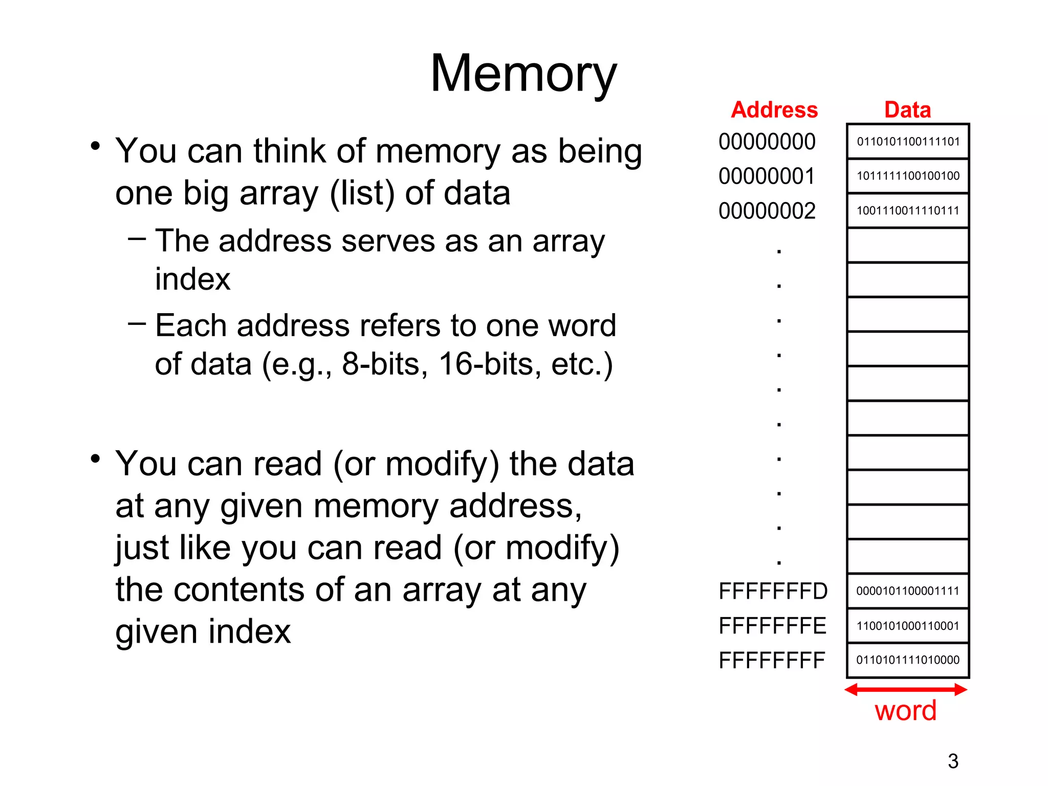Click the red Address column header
point(774,110)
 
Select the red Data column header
point(907,110)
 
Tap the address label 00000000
point(767,142)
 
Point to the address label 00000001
point(767,177)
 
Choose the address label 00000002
point(767,211)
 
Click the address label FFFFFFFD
point(773,592)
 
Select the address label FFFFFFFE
point(772,626)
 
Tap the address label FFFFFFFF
point(772,661)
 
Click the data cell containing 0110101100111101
point(908,142)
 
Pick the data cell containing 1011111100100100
point(908,176)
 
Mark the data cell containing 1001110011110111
point(908,210)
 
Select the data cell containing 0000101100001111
point(908,591)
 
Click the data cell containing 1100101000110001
point(908,625)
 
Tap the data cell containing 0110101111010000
point(908,660)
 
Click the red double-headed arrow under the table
point(905,689)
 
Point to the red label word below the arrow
point(905,711)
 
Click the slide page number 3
point(953,761)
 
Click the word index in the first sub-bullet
point(192,279)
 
